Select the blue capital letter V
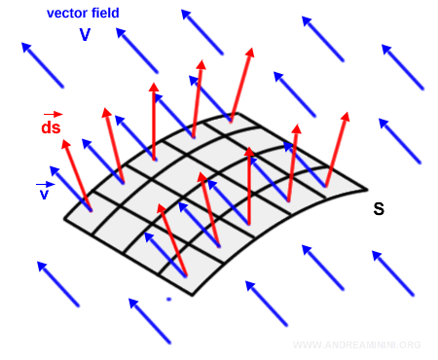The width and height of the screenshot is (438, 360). tap(86, 34)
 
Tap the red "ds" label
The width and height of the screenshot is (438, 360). tap(51, 127)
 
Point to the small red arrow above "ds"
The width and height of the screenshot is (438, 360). tap(52, 114)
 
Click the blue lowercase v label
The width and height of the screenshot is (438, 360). tap(44, 195)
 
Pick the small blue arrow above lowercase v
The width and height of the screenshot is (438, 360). tap(45, 183)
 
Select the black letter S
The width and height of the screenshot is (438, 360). tap(379, 208)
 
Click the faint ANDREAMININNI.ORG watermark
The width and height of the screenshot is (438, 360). tap(356, 345)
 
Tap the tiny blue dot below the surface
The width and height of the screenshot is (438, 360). tap(168, 299)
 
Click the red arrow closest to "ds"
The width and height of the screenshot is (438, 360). tap(77, 175)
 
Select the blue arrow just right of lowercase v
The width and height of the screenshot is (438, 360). tap(69, 185)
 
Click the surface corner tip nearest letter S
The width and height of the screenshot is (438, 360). tap(367, 189)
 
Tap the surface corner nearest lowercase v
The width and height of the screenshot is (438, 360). tap(64, 219)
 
